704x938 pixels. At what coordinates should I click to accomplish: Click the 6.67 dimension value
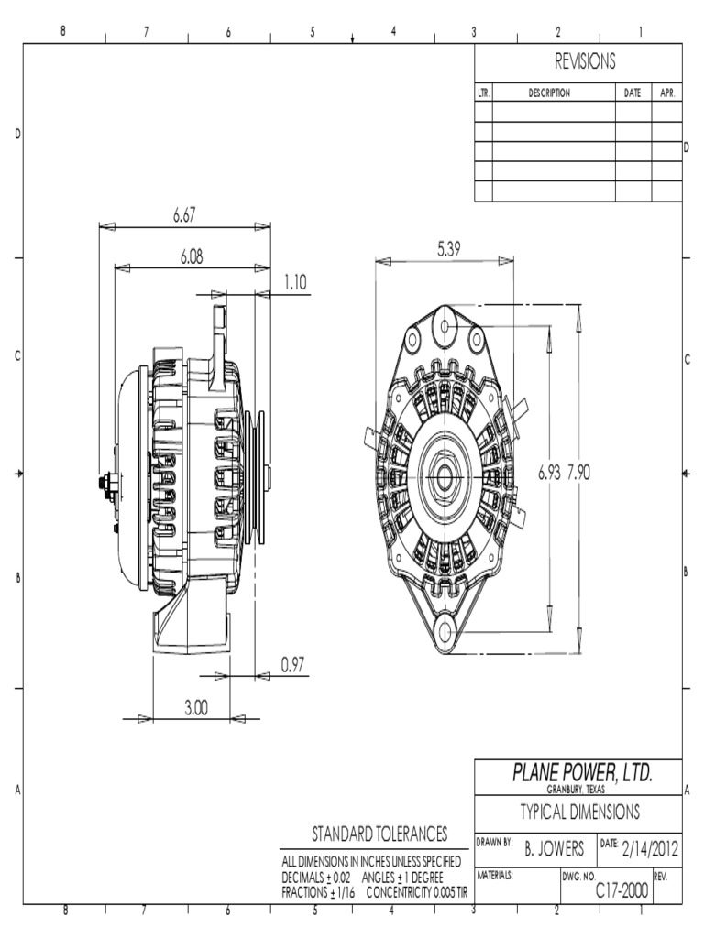coord(185,215)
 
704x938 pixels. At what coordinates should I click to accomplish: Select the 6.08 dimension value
coord(192,258)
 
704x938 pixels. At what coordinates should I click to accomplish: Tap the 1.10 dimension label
coord(294,283)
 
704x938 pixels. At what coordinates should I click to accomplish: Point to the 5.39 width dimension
coord(449,249)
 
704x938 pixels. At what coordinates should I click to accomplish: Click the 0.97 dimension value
coord(291,666)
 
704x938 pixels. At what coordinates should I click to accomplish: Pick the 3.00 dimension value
coord(196,708)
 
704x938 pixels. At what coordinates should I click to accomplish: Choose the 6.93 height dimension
coord(550,473)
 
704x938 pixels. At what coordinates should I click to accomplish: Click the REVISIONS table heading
coord(584,62)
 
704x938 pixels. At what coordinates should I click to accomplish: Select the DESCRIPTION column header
coord(549,93)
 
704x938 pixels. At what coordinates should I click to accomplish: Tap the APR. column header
coord(666,93)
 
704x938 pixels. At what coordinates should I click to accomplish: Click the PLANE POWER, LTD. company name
coord(583,774)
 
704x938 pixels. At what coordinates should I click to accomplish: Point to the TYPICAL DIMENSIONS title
coord(580,812)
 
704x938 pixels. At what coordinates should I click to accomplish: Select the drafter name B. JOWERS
coord(554,850)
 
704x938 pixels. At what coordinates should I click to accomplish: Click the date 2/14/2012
coord(651,849)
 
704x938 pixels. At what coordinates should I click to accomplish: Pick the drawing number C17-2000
coord(622,889)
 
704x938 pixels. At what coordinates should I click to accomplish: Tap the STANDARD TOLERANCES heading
coord(379,834)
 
